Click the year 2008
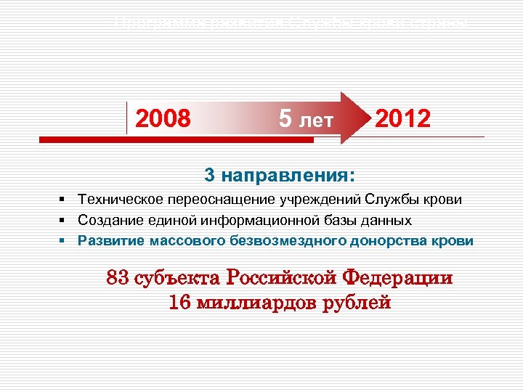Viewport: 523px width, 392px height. pos(163,118)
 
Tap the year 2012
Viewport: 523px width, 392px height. pos(402,118)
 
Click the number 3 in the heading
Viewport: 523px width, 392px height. pos(210,175)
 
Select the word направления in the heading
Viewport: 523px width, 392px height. pos(287,176)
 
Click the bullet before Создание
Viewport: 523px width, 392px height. pos(64,219)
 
